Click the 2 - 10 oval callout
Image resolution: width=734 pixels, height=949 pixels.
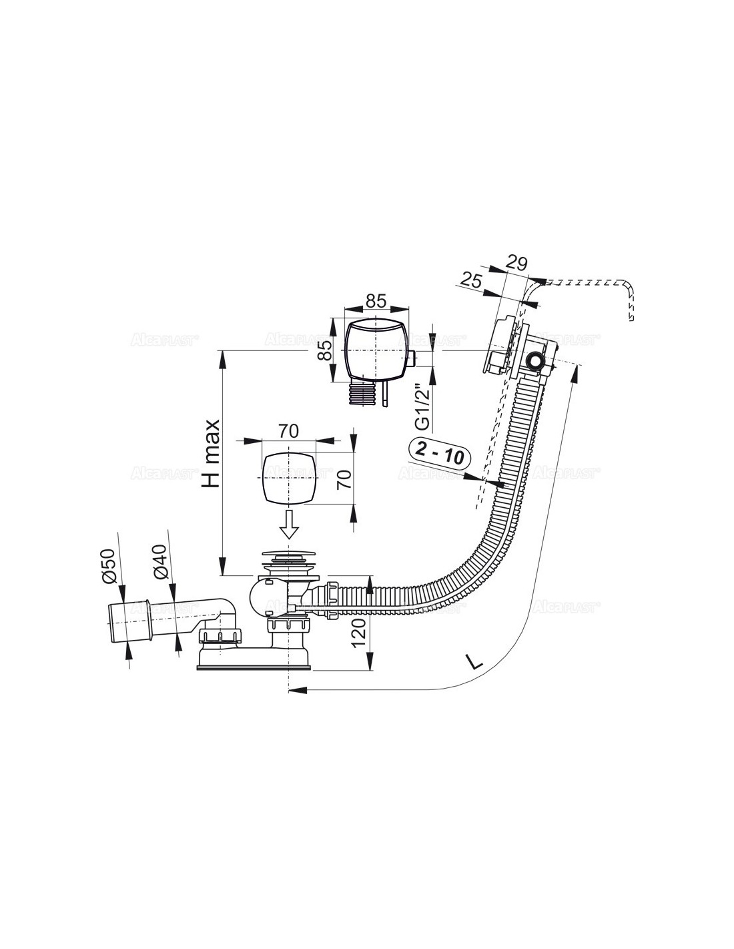440,452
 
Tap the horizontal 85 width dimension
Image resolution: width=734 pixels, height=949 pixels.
376,300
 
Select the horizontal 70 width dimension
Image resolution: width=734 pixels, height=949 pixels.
288,431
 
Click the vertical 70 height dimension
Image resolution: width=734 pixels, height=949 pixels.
344,479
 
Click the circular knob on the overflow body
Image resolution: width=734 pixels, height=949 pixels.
534,361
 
